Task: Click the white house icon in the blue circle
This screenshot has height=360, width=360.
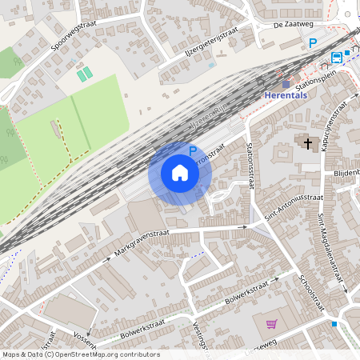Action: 180,173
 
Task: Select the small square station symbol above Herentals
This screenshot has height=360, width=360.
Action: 286,84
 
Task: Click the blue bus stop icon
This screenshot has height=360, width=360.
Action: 337,57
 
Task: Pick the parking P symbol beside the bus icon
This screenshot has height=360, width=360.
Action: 314,43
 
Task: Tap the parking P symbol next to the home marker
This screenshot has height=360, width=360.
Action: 192,150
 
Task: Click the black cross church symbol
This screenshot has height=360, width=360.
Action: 308,142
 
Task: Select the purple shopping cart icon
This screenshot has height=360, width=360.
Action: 271,324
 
